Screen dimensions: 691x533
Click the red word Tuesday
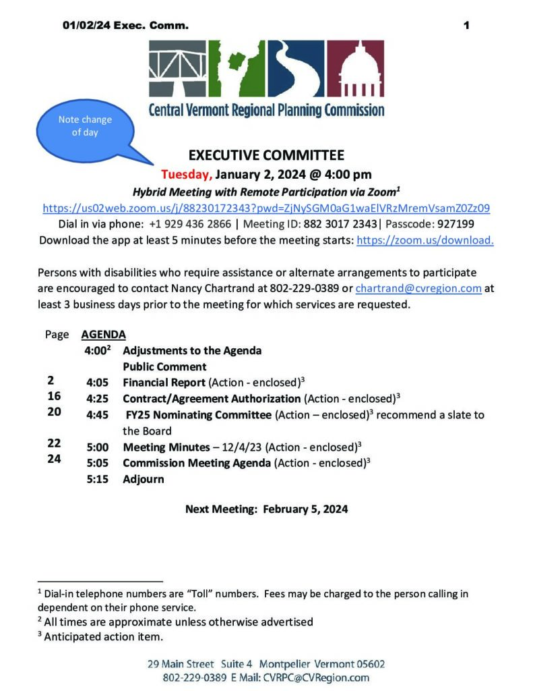pyautogui.click(x=187, y=175)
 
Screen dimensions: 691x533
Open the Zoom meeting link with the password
pyautogui.click(x=266, y=208)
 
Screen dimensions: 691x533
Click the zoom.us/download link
pyautogui.click(x=425, y=240)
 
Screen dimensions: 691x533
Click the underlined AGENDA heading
pyautogui.click(x=103, y=334)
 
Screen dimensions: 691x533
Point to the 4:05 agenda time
pyautogui.click(x=97, y=383)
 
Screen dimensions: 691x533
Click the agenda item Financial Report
pyautogui.click(x=164, y=383)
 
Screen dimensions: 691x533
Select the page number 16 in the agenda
pyautogui.click(x=54, y=397)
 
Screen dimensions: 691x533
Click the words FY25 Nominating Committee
pyautogui.click(x=199, y=415)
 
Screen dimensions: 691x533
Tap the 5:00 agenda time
pyautogui.click(x=97, y=447)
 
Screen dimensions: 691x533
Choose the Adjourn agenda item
pyautogui.click(x=143, y=479)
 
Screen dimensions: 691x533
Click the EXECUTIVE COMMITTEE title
pyautogui.click(x=266, y=155)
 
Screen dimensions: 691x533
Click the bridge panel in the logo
pyautogui.click(x=178, y=70)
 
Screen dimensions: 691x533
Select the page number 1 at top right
pyautogui.click(x=466, y=26)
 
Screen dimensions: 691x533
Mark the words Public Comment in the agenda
pyautogui.click(x=164, y=366)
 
